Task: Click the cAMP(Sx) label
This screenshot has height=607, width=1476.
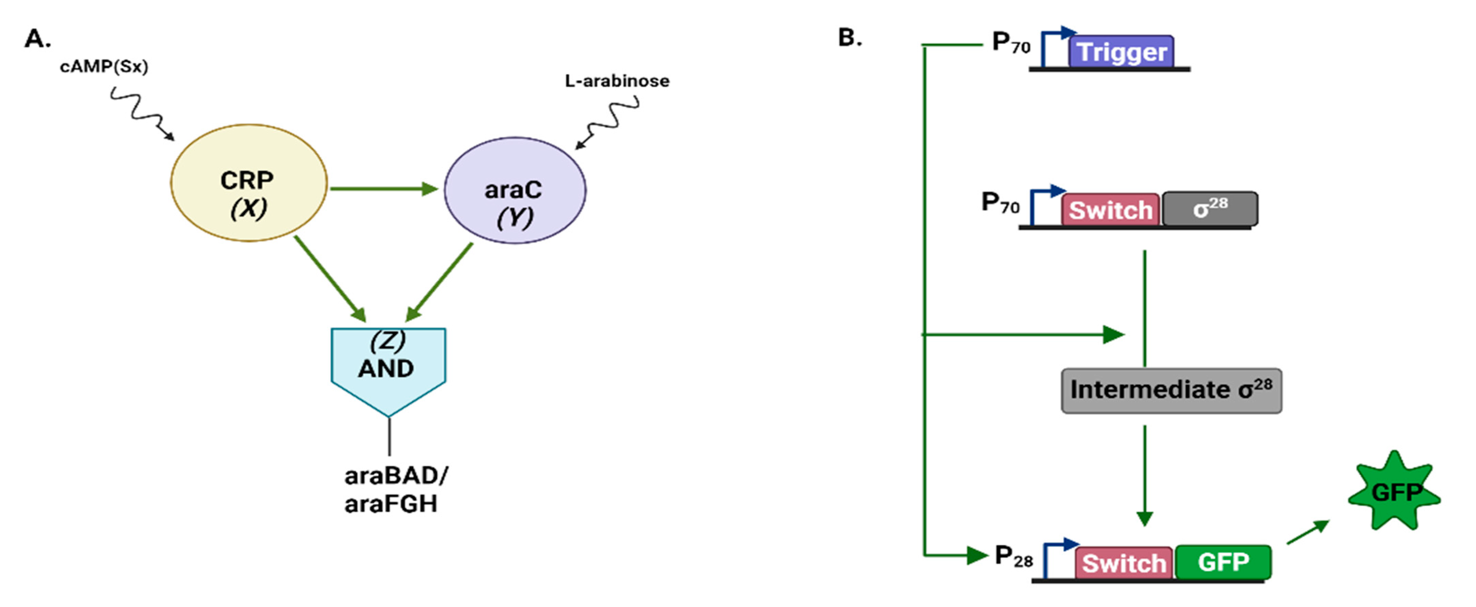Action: pyautogui.click(x=104, y=67)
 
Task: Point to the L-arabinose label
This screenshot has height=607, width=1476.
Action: pyautogui.click(x=617, y=81)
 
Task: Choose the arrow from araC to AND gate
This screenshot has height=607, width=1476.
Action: pyautogui.click(x=439, y=282)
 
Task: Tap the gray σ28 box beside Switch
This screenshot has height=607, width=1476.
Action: pyautogui.click(x=1210, y=209)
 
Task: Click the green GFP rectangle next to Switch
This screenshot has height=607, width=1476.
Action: pyautogui.click(x=1223, y=562)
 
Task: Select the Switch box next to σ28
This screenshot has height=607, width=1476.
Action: pyautogui.click(x=1110, y=209)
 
